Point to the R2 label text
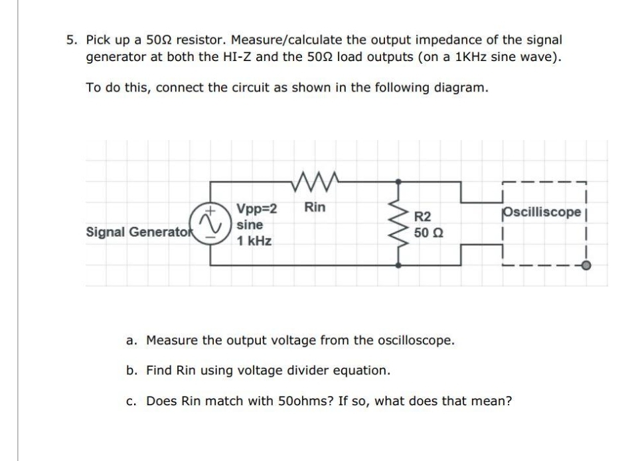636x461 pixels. [423, 216]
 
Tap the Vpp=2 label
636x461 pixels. [256, 208]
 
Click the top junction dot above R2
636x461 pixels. [398, 180]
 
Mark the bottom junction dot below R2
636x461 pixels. [398, 267]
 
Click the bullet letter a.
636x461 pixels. [131, 341]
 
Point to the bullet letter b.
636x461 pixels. [131, 370]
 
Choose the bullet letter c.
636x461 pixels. [131, 401]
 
